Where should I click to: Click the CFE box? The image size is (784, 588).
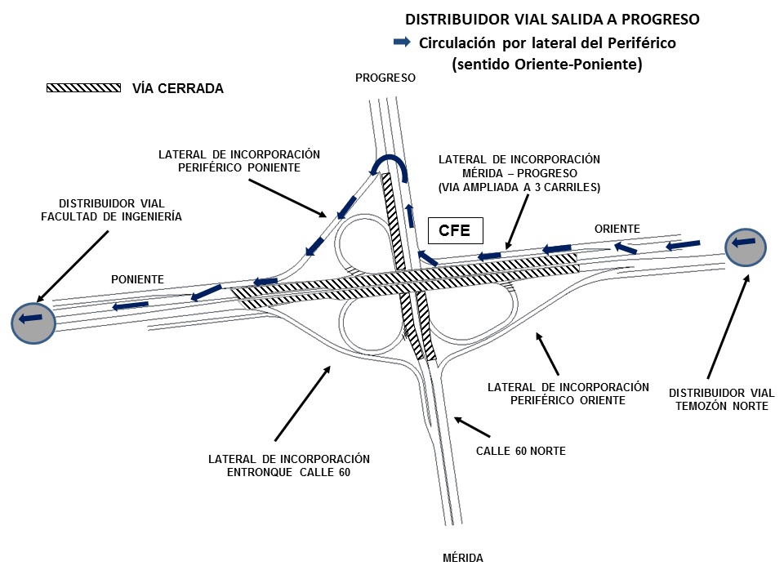455,230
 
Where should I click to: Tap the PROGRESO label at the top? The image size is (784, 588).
385,78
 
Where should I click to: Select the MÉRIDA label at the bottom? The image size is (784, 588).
463,559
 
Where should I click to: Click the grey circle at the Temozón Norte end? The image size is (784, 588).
746,247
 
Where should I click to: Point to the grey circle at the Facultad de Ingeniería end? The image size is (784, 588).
33,322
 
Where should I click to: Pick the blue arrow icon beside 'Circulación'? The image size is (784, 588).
402,42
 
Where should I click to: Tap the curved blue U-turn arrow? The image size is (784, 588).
390,166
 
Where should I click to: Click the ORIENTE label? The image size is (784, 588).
617,229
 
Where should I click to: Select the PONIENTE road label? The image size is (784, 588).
137,279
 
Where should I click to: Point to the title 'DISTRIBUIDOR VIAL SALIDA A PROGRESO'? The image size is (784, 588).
553,18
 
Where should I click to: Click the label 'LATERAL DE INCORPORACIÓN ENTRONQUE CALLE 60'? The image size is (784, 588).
289,465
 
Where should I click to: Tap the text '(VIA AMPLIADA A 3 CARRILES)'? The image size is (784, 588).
519,187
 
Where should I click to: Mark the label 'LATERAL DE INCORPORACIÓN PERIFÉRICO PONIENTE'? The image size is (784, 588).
238,160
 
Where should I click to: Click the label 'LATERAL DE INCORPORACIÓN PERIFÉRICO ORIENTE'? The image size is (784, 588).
568,393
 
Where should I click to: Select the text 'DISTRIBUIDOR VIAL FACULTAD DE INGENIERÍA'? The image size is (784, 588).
112,210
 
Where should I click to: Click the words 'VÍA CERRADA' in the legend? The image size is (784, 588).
178,88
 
